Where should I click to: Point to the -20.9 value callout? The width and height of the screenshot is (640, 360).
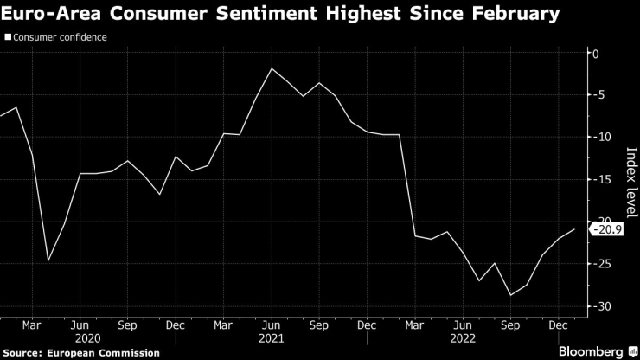(x=607, y=229)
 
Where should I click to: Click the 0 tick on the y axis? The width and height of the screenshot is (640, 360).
(x=594, y=54)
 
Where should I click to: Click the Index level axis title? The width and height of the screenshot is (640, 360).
(x=630, y=182)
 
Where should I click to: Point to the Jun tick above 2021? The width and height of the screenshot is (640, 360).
(x=272, y=325)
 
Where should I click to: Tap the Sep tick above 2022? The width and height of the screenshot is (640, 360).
(x=511, y=325)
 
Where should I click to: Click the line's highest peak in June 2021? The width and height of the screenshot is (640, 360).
(x=272, y=68)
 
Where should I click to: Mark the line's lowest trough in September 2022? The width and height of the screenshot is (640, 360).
(x=511, y=295)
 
